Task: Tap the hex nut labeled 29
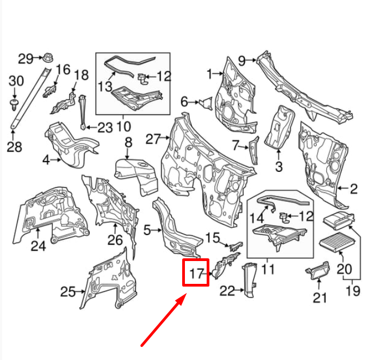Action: click(x=46, y=57)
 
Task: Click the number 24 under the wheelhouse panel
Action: click(x=38, y=246)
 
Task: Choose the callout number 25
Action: click(x=68, y=292)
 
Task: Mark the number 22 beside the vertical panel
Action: click(x=227, y=291)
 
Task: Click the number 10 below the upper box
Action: click(x=123, y=127)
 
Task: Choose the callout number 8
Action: click(x=128, y=143)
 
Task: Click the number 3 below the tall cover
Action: click(x=279, y=166)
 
